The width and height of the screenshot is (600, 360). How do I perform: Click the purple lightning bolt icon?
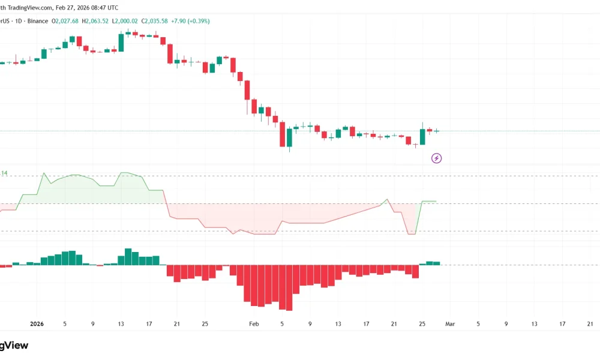(x=437, y=158)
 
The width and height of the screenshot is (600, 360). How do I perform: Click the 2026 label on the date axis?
(x=37, y=323)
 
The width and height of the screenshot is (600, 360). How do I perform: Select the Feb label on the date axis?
(x=254, y=323)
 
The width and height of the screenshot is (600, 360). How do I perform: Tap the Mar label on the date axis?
(x=450, y=323)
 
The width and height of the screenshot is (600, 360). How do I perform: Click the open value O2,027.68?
(x=65, y=21)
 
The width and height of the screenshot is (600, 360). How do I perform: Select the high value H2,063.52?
(x=96, y=21)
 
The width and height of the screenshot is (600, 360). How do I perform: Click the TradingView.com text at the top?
(x=26, y=8)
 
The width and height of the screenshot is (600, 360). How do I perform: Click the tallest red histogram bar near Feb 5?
(x=289, y=287)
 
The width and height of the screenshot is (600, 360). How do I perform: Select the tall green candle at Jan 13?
(x=121, y=43)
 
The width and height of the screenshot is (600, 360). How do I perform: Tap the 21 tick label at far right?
(x=590, y=323)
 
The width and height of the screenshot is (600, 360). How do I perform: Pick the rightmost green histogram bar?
(x=437, y=263)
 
